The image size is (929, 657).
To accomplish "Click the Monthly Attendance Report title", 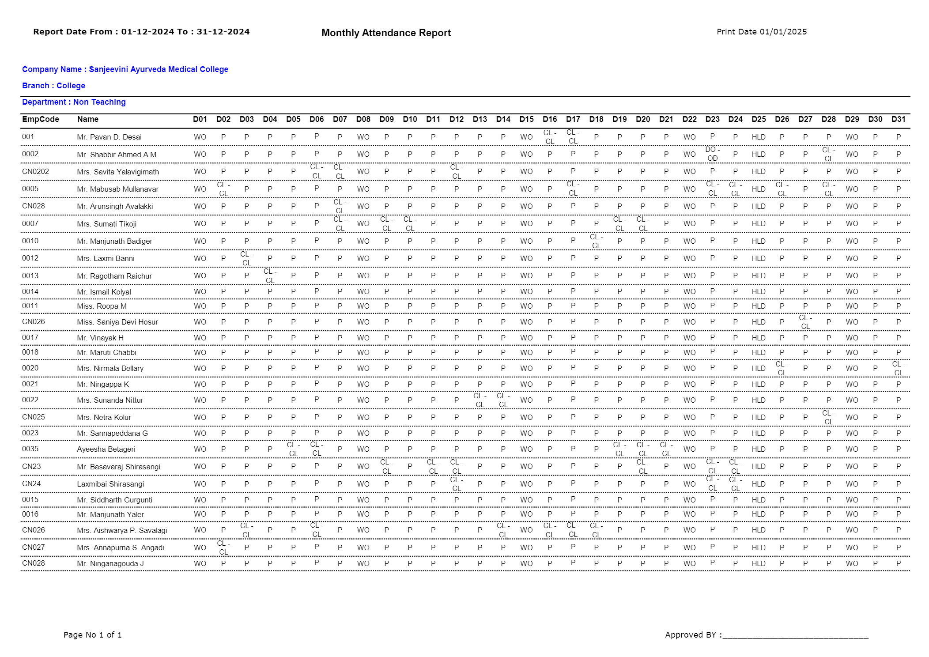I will pos(386,33).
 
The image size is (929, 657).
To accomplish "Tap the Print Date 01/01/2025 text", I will pos(761,32).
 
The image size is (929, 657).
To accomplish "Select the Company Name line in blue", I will pos(125,69).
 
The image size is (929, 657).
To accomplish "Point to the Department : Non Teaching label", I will pos(74,102).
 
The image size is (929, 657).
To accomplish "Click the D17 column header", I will pos(573,119).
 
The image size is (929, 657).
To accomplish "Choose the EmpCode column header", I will pos(41,119).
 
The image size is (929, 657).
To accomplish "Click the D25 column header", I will pos(759,119).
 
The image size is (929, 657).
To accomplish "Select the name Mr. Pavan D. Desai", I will pos(109,137).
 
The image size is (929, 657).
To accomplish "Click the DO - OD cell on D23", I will pos(712,154).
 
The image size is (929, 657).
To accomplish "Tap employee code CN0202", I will pos(35,171).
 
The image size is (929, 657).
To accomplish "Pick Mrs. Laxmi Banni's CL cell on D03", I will pos(246,258).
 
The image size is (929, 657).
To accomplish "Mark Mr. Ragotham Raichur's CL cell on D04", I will pos(270,276).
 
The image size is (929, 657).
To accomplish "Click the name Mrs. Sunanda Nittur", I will pos(110,400).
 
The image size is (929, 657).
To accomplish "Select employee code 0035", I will pos(30,449).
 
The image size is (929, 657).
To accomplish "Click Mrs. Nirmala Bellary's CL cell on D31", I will pos(898,368).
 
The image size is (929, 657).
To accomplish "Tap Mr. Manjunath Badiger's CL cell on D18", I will pos(596,241).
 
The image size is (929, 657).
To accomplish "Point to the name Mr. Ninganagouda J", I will pos(110,563).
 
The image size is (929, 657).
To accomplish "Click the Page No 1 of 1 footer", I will pos(93,634).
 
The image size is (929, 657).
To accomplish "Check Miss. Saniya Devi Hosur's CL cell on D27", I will pos(805,322).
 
